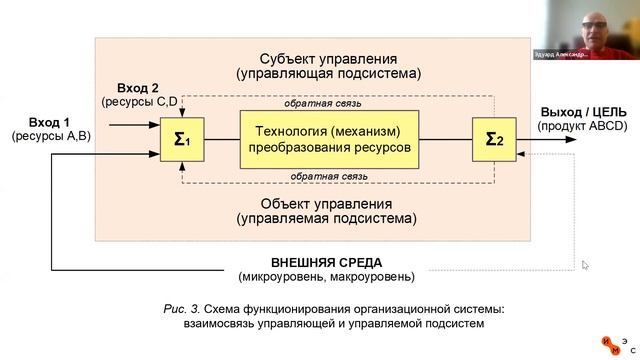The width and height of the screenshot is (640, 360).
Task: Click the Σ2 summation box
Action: pos(494,139)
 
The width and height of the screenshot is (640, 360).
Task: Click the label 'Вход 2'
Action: pos(138,88)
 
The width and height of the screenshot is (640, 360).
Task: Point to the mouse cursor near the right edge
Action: pos(586,265)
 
